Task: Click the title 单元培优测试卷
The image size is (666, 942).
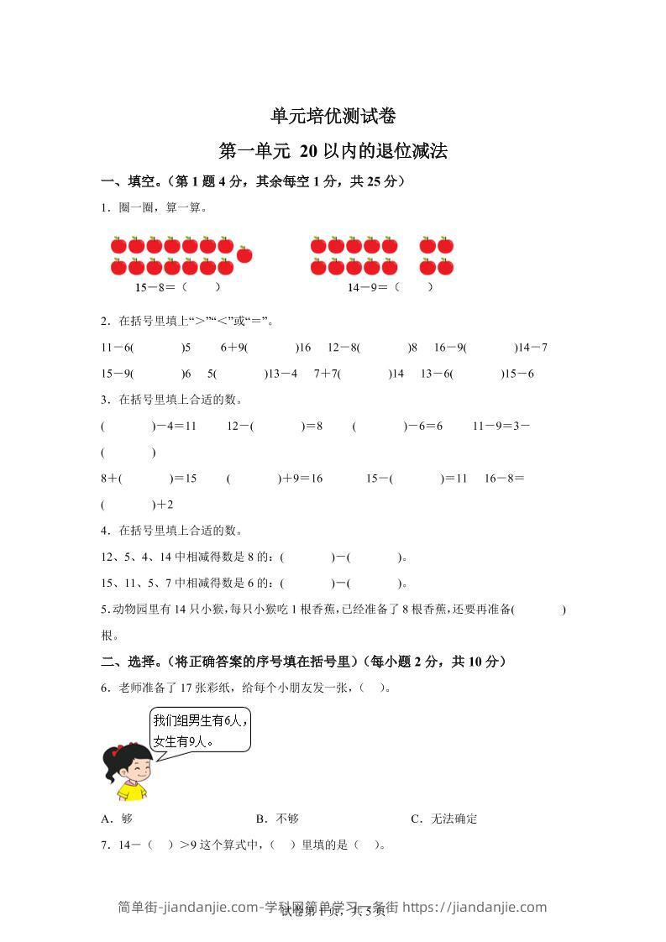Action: pyautogui.click(x=333, y=116)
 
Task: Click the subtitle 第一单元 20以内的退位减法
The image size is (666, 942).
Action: pyautogui.click(x=333, y=152)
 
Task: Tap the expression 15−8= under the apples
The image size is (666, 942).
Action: pyautogui.click(x=155, y=287)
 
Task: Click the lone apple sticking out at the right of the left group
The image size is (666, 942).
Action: pyautogui.click(x=244, y=253)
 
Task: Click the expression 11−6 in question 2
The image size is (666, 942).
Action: pyautogui.click(x=117, y=348)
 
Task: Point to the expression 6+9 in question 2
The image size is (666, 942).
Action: pyautogui.click(x=233, y=348)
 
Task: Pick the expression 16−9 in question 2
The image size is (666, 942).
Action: pyautogui.click(x=449, y=348)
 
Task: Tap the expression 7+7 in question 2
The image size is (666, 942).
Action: pyautogui.click(x=327, y=374)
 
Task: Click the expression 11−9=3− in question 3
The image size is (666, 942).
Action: pyautogui.click(x=501, y=427)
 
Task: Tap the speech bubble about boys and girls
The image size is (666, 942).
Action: pyautogui.click(x=200, y=731)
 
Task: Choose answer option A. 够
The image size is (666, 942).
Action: pyautogui.click(x=117, y=819)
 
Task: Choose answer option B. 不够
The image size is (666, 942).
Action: pyautogui.click(x=277, y=819)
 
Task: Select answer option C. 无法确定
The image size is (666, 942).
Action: pyautogui.click(x=444, y=819)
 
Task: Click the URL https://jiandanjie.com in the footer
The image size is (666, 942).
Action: pyautogui.click(x=475, y=908)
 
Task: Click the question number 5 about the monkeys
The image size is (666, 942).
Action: pyautogui.click(x=103, y=610)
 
